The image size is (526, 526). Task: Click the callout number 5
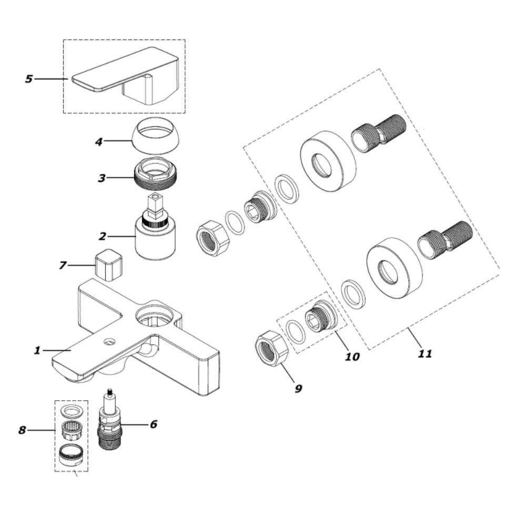pyautogui.click(x=29, y=79)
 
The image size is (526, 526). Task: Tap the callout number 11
pyautogui.click(x=424, y=353)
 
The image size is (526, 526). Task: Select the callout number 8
pyautogui.click(x=22, y=430)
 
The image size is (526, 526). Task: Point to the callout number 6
pyautogui.click(x=153, y=424)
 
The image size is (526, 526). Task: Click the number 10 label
pyautogui.click(x=352, y=357)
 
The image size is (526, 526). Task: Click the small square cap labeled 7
pyautogui.click(x=108, y=264)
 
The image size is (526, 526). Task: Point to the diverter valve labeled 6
pyautogui.click(x=109, y=419)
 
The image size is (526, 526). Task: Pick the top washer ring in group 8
pyautogui.click(x=71, y=410)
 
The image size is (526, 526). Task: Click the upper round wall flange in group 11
pyautogui.click(x=328, y=160)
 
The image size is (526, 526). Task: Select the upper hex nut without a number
pyautogui.click(x=213, y=238)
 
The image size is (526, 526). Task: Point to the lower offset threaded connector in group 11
pyautogui.click(x=444, y=240)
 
